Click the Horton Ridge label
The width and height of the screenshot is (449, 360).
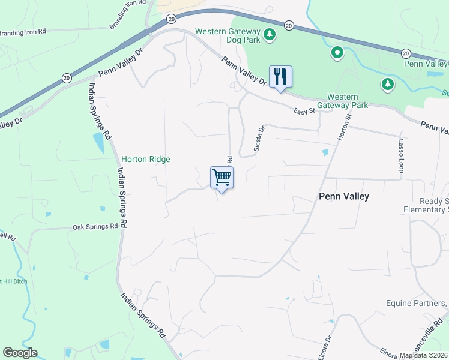pos(146,159)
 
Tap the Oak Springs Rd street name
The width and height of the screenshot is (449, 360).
pos(95,227)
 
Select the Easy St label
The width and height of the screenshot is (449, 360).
pos(304,111)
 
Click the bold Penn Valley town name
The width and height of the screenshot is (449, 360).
pos(343,196)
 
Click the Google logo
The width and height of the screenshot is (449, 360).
pos(20,353)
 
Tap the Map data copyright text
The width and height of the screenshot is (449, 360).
pos(424,355)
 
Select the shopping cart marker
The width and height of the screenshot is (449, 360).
pos(222,178)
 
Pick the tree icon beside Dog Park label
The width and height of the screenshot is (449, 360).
pos(270,34)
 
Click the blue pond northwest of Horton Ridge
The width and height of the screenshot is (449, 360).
pos(98,142)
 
